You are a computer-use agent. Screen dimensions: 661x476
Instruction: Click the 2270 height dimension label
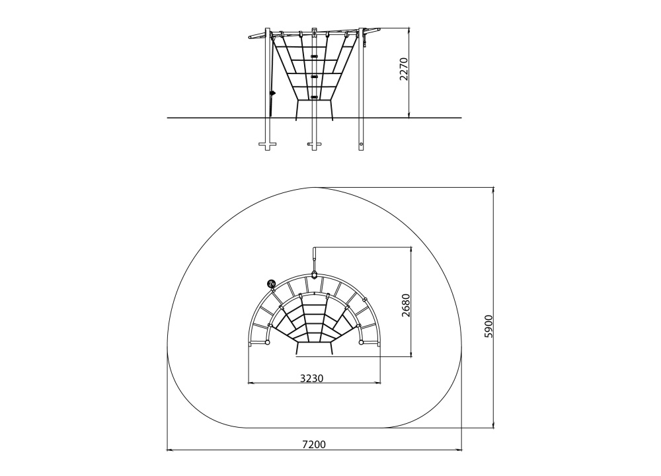(x=404, y=69)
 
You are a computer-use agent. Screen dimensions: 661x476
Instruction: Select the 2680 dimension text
(x=406, y=305)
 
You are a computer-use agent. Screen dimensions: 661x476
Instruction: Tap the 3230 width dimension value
(x=312, y=378)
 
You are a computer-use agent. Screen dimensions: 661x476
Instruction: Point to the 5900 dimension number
(x=488, y=326)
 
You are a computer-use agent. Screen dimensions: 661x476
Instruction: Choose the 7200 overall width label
(x=314, y=444)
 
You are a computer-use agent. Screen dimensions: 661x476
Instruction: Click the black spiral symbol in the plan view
(x=270, y=284)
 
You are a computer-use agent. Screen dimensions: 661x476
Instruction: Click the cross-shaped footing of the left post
(x=267, y=145)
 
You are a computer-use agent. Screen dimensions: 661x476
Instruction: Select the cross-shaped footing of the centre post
(x=314, y=145)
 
